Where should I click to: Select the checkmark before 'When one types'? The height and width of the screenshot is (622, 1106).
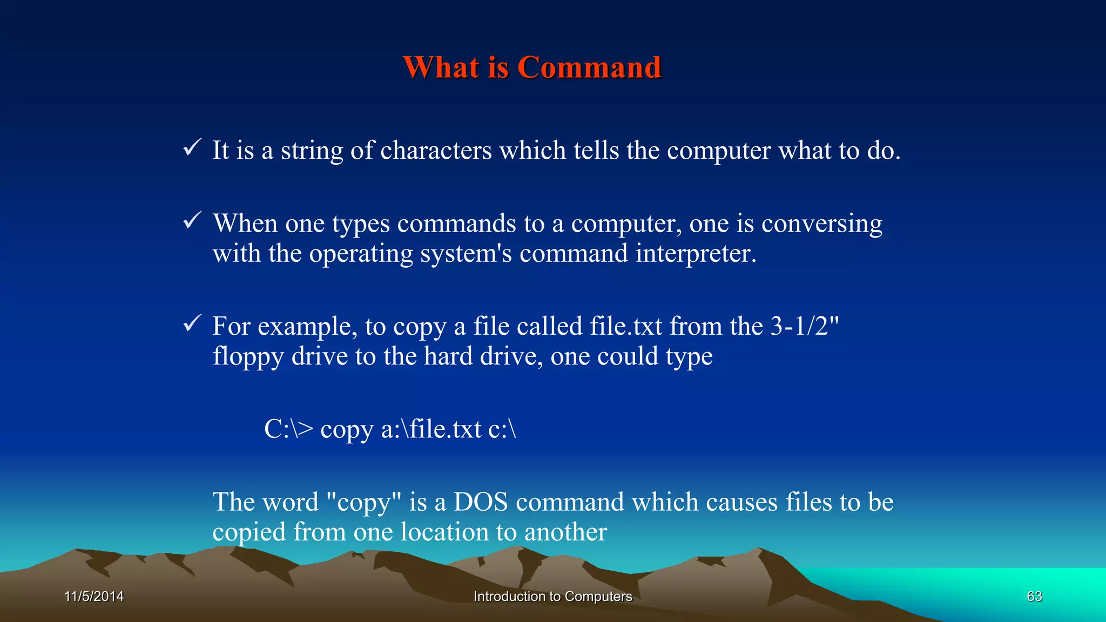(192, 220)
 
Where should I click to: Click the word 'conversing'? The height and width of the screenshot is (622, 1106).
(821, 224)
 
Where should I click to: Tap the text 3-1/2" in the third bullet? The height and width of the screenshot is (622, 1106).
(805, 326)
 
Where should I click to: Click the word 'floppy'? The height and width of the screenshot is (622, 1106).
(248, 357)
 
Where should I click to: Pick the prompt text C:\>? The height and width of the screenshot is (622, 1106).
(288, 429)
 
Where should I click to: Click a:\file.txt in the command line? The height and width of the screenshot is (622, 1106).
(431, 429)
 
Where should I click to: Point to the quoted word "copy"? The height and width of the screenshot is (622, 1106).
(365, 503)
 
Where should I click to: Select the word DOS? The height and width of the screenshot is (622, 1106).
(480, 502)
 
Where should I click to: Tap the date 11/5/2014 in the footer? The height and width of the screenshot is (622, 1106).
(94, 596)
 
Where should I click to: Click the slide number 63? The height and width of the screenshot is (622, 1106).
(1034, 596)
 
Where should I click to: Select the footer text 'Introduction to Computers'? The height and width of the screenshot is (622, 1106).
(552, 596)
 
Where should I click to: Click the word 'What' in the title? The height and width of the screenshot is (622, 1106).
(441, 67)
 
